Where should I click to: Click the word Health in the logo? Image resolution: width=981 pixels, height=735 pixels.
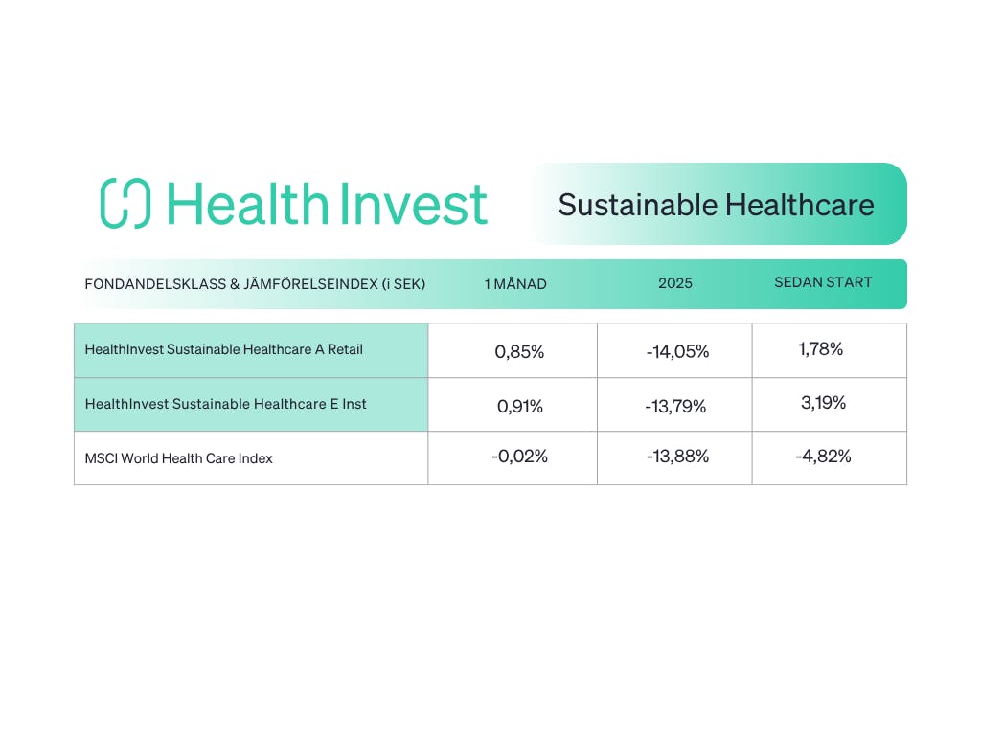click(x=248, y=203)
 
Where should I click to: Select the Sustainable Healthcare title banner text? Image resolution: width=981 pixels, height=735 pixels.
click(x=716, y=205)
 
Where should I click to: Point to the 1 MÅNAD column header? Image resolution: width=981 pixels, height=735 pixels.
click(x=515, y=283)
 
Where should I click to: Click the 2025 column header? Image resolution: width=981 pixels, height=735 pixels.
click(x=675, y=283)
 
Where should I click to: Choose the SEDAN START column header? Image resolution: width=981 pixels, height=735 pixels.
click(x=823, y=282)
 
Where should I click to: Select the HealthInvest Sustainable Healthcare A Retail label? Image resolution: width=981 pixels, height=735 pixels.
click(x=223, y=349)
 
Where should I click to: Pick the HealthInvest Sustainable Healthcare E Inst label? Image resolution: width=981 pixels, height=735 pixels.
click(x=225, y=404)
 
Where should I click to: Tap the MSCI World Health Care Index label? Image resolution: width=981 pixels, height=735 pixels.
click(x=178, y=458)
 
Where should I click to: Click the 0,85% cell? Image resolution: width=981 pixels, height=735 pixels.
click(x=519, y=352)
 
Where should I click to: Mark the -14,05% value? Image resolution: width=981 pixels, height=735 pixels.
click(x=677, y=352)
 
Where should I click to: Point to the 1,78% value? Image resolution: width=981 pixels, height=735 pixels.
click(x=821, y=348)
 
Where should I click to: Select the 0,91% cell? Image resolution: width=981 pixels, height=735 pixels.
click(x=520, y=406)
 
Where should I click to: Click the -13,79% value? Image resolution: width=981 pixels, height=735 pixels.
click(x=675, y=406)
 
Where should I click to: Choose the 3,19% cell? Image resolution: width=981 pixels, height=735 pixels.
click(x=823, y=403)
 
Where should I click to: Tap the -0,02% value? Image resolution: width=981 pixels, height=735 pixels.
click(x=519, y=457)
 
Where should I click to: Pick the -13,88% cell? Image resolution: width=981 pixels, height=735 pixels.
click(x=677, y=457)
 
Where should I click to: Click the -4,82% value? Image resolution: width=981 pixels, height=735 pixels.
click(x=823, y=457)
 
